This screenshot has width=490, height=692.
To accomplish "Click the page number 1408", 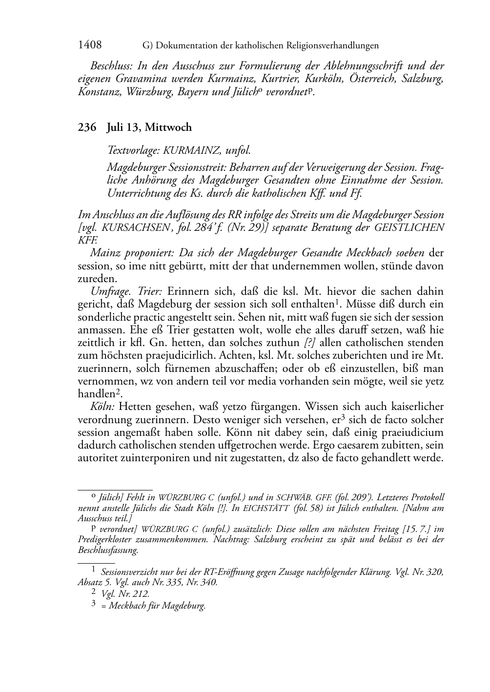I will click(x=90, y=45).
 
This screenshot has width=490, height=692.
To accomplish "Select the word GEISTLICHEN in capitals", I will click(x=408, y=227).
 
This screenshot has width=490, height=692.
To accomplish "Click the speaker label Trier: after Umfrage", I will click(x=148, y=292).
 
